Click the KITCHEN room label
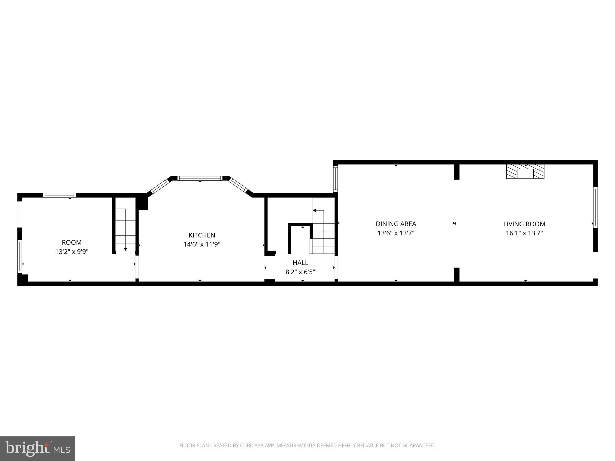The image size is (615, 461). coord(202,235)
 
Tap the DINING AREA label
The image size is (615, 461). coord(396,224)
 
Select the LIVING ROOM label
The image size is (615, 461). coord(524,224)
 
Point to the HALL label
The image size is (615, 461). coord(300,263)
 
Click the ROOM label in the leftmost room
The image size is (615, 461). coord(72,242)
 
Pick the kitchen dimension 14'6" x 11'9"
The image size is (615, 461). coord(202,244)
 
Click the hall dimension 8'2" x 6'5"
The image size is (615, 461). coord(300,272)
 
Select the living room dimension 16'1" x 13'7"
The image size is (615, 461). coord(524,233)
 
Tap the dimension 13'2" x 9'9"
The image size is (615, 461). coord(72,252)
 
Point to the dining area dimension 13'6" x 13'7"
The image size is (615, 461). coord(396,233)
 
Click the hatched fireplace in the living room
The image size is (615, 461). coord(525,171)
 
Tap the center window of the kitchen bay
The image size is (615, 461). coord(200,178)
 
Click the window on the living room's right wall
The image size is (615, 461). coord(595,207)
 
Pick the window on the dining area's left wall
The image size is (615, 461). coord(335,179)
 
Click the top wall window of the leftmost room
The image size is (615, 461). coord(59,195)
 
